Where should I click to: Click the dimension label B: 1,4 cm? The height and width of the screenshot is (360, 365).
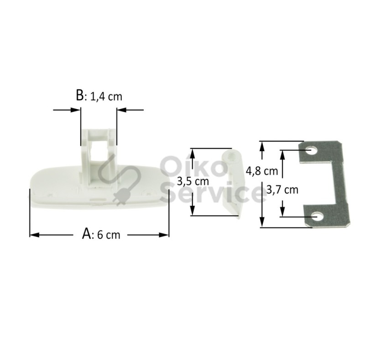(99, 96)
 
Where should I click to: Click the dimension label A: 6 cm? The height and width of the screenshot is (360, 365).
(101, 234)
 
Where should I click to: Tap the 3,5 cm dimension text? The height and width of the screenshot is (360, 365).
(193, 181)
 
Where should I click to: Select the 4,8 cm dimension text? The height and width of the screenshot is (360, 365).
(262, 171)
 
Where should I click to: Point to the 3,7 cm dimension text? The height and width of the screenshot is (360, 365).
(282, 190)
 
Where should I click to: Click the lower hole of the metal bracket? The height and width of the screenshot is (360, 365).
(317, 217)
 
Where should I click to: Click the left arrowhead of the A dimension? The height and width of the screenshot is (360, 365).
(35, 235)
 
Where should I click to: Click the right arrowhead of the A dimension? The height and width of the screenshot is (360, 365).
(164, 235)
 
